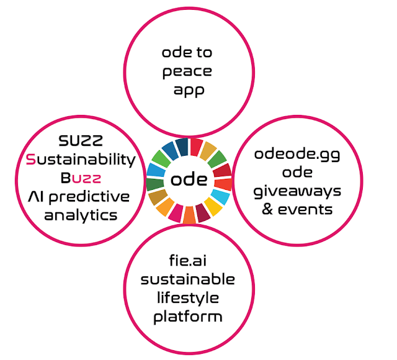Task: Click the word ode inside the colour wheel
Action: click(x=189, y=180)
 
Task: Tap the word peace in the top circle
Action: click(x=187, y=71)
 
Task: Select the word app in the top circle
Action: click(x=187, y=90)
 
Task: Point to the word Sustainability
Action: click(x=81, y=160)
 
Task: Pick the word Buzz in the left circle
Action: click(x=81, y=178)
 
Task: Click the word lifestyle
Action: click(x=187, y=298)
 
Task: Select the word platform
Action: click(x=187, y=317)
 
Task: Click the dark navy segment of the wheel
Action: click(x=181, y=146)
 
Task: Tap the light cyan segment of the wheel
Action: click(x=221, y=197)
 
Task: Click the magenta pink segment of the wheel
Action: click(x=174, y=214)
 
